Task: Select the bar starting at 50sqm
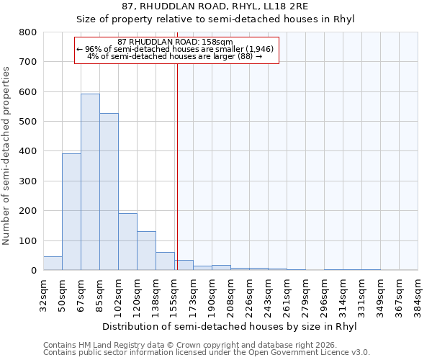pyautogui.click(x=71, y=212)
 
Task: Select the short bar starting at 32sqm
pyautogui.click(x=53, y=264)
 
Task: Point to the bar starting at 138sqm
pyautogui.click(x=165, y=261)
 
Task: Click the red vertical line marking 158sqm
pyautogui.click(x=176, y=166)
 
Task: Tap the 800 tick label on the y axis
pyautogui.click(x=27, y=32)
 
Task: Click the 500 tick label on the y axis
pyautogui.click(x=27, y=122)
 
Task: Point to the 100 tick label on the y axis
pyautogui.click(x=27, y=240)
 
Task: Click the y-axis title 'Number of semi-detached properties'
pyautogui.click(x=7, y=155)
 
